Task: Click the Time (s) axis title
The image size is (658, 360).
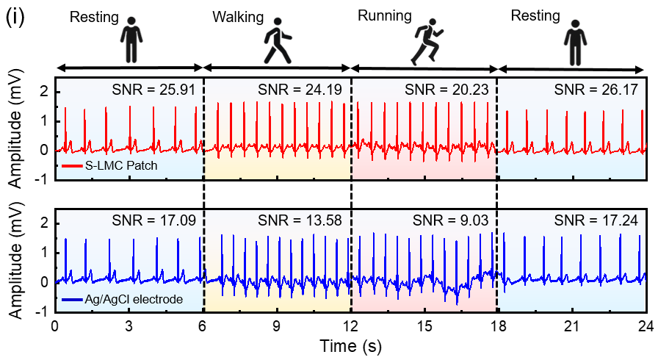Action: (x=350, y=343)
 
